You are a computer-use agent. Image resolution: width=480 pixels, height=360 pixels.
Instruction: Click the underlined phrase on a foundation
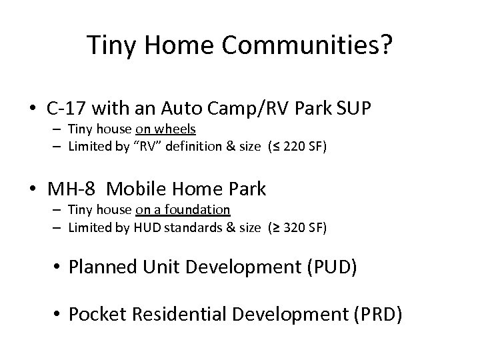(183, 210)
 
